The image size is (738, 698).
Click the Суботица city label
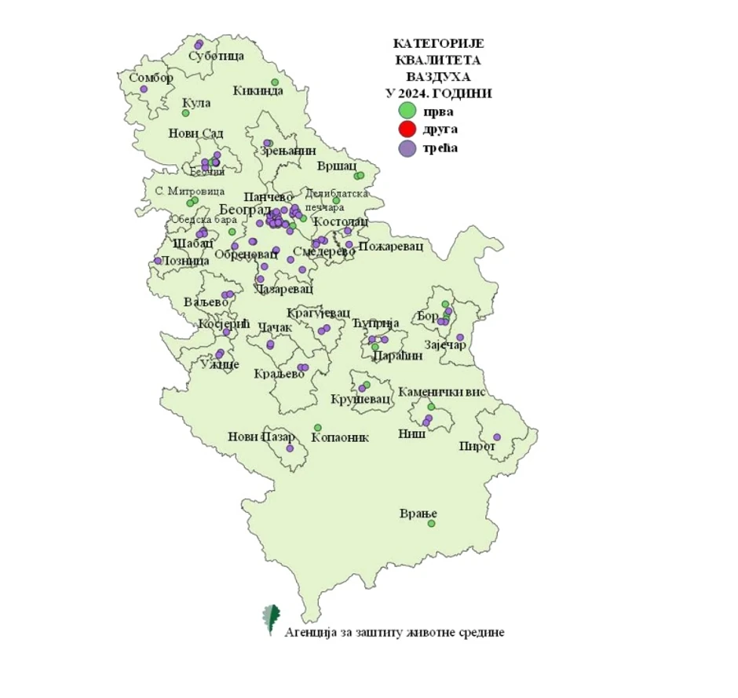tap(217, 56)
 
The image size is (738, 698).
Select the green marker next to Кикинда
tap(275, 82)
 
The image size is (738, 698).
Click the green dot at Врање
tap(431, 523)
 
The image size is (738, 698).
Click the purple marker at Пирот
tap(496, 437)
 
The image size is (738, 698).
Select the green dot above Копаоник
tap(317, 426)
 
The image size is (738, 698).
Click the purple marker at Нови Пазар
tap(290, 448)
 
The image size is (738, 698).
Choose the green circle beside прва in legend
tap(407, 111)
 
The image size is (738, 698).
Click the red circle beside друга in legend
tap(407, 129)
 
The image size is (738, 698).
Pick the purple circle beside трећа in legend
tap(407, 148)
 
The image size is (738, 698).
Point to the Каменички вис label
tap(441, 392)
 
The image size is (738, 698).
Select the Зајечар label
tap(445, 346)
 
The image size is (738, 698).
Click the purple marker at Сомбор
tap(144, 90)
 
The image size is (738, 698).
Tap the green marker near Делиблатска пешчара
tap(336, 200)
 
